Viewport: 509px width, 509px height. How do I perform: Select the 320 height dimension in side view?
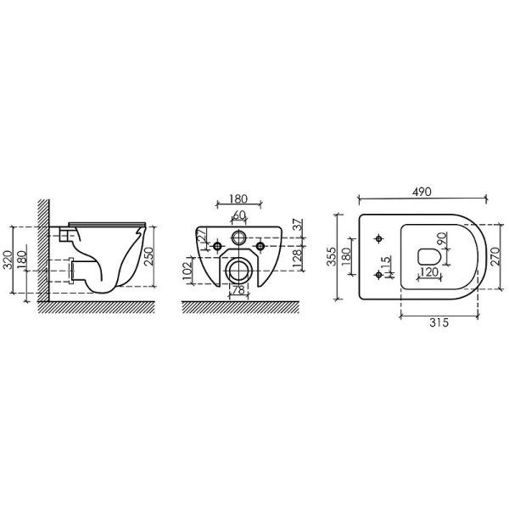(x=7, y=258)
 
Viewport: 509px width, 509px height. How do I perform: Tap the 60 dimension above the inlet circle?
(x=239, y=215)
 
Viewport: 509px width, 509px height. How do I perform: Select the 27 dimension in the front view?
(x=204, y=238)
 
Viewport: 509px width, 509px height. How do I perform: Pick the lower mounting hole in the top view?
(x=378, y=274)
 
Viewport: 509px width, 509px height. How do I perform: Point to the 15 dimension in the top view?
(x=387, y=266)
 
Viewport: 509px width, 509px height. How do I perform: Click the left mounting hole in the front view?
(x=218, y=246)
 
